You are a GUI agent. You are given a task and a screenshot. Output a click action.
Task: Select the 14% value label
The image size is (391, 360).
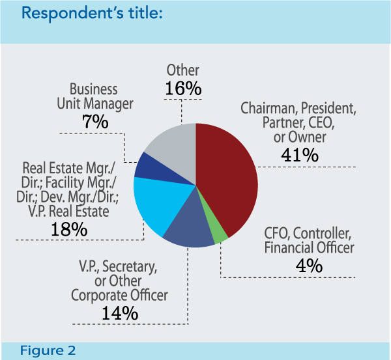pyautogui.click(x=120, y=312)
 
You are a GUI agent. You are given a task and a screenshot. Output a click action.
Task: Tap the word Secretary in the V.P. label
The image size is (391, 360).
pyautogui.click(x=134, y=266)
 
